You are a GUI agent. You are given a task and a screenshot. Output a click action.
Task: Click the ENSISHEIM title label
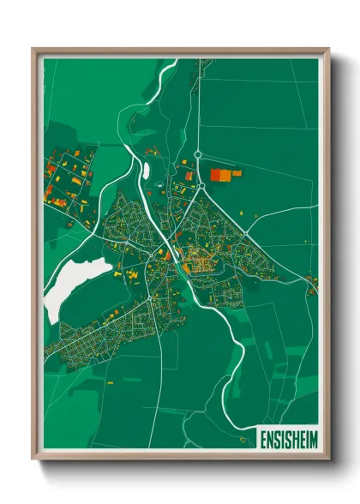pyautogui.click(x=286, y=438)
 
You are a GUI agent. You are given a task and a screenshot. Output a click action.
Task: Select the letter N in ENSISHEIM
pyautogui.click(x=269, y=438)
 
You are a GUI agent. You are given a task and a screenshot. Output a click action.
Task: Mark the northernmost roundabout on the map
pyautogui.click(x=197, y=154)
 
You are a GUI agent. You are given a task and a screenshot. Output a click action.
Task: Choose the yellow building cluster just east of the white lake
pyautogui.click(x=133, y=274)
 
